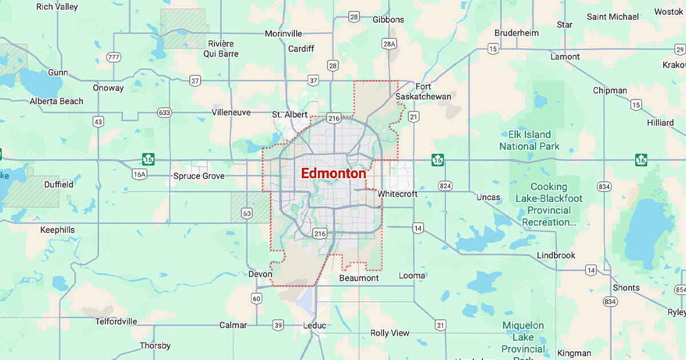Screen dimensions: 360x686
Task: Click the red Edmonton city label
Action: [x=333, y=173]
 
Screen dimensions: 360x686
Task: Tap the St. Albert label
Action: [x=289, y=114]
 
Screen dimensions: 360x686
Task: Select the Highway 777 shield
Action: [x=114, y=57]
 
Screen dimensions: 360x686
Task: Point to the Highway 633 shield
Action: [x=165, y=113]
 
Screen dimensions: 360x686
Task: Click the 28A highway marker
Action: [x=389, y=43]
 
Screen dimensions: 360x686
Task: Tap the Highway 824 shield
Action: [x=445, y=186]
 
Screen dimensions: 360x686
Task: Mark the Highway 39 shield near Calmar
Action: [x=278, y=325]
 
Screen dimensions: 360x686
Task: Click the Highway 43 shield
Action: [x=98, y=122]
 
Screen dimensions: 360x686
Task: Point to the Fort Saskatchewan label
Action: [x=424, y=91]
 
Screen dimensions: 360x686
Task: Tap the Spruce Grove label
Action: [x=199, y=176]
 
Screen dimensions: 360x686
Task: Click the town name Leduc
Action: [x=314, y=326]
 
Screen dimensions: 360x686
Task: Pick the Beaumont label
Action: [x=359, y=278]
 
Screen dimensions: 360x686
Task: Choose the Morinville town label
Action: [x=284, y=34]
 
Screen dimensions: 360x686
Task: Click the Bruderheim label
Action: [x=517, y=33]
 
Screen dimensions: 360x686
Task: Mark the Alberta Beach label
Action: [x=57, y=101]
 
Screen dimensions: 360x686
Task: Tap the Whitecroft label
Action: [x=397, y=194]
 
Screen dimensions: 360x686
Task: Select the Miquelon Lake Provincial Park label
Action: [x=523, y=337]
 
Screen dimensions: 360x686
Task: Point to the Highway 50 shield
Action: [x=246, y=214]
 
